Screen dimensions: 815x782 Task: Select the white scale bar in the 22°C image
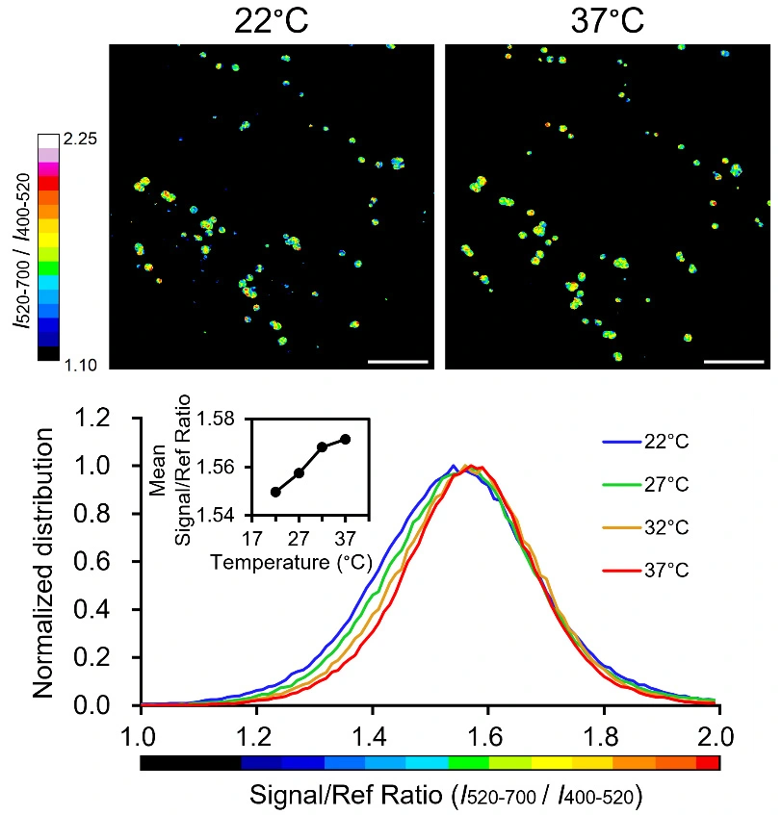coord(397,362)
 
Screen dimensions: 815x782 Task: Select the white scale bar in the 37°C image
coord(733,362)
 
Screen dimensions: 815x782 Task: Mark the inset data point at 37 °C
coord(346,439)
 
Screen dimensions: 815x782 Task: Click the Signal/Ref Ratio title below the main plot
coord(446,796)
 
